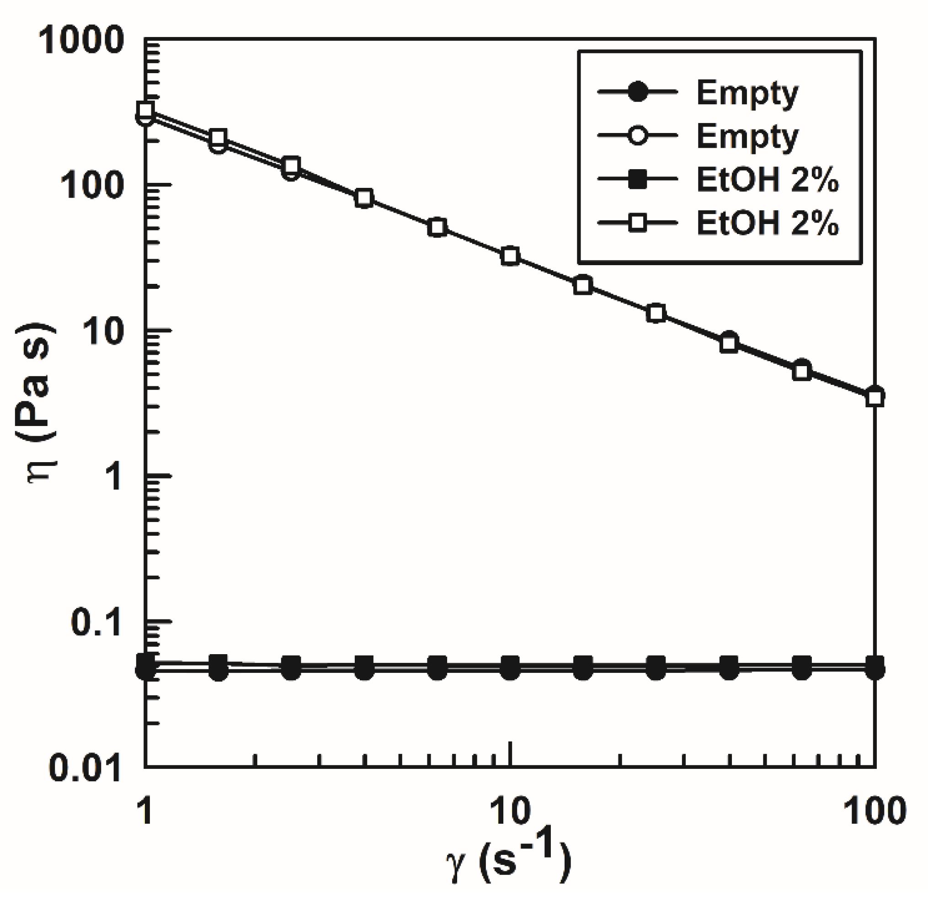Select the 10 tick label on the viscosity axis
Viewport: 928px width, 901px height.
click(102, 331)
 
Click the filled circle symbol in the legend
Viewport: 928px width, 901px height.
click(638, 92)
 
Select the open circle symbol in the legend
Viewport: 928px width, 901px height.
click(638, 135)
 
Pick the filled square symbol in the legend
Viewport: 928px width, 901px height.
click(638, 179)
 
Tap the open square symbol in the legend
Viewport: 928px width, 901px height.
click(638, 222)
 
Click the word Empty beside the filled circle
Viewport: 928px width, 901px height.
click(747, 93)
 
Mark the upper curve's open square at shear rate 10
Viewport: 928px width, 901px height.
click(510, 256)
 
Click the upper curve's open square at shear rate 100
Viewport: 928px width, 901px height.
click(875, 398)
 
